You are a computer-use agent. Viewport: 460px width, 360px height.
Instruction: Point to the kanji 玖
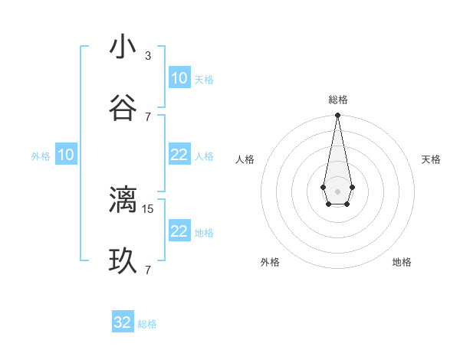pos(123,261)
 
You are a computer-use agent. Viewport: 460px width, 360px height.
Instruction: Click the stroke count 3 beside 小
pos(148,56)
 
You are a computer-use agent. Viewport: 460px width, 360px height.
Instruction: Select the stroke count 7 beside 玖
pos(148,270)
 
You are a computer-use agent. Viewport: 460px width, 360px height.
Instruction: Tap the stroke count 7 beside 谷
pos(148,116)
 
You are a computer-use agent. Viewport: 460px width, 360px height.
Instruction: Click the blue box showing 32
pos(123,322)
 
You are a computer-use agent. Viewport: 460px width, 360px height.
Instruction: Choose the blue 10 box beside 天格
pos(179,78)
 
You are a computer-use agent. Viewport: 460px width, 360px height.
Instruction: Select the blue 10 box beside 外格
pos(66,155)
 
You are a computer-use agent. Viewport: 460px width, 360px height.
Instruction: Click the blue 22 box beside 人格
pos(179,155)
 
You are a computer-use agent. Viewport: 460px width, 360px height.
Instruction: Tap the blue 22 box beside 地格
pos(179,231)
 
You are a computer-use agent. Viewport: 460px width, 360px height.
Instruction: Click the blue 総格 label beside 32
pos(147,324)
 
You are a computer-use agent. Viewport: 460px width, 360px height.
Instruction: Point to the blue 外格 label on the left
pos(41,156)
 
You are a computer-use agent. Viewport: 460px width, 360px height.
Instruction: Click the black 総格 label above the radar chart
pos(337,100)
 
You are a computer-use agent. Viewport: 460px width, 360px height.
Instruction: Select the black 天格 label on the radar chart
pos(431,159)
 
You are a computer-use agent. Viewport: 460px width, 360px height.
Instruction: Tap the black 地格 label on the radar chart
pos(402,262)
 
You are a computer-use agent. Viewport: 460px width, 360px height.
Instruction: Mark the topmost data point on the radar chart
pos(337,115)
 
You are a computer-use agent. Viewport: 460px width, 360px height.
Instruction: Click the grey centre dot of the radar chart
pos(337,190)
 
